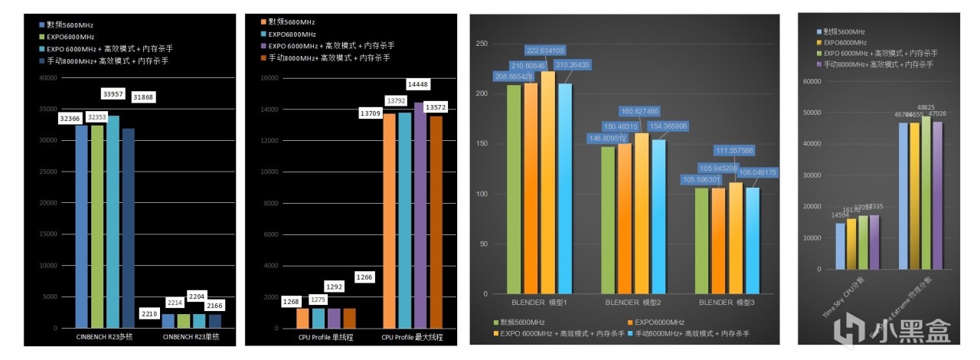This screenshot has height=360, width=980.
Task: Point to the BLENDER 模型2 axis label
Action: [x=632, y=303]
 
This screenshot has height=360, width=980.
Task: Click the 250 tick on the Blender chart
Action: [x=482, y=44]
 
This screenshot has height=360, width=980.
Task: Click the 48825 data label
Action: [x=926, y=108]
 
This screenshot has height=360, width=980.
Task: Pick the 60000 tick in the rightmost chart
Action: [x=812, y=80]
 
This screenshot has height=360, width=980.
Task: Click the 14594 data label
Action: [x=840, y=214]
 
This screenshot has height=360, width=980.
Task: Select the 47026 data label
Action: [x=938, y=114]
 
